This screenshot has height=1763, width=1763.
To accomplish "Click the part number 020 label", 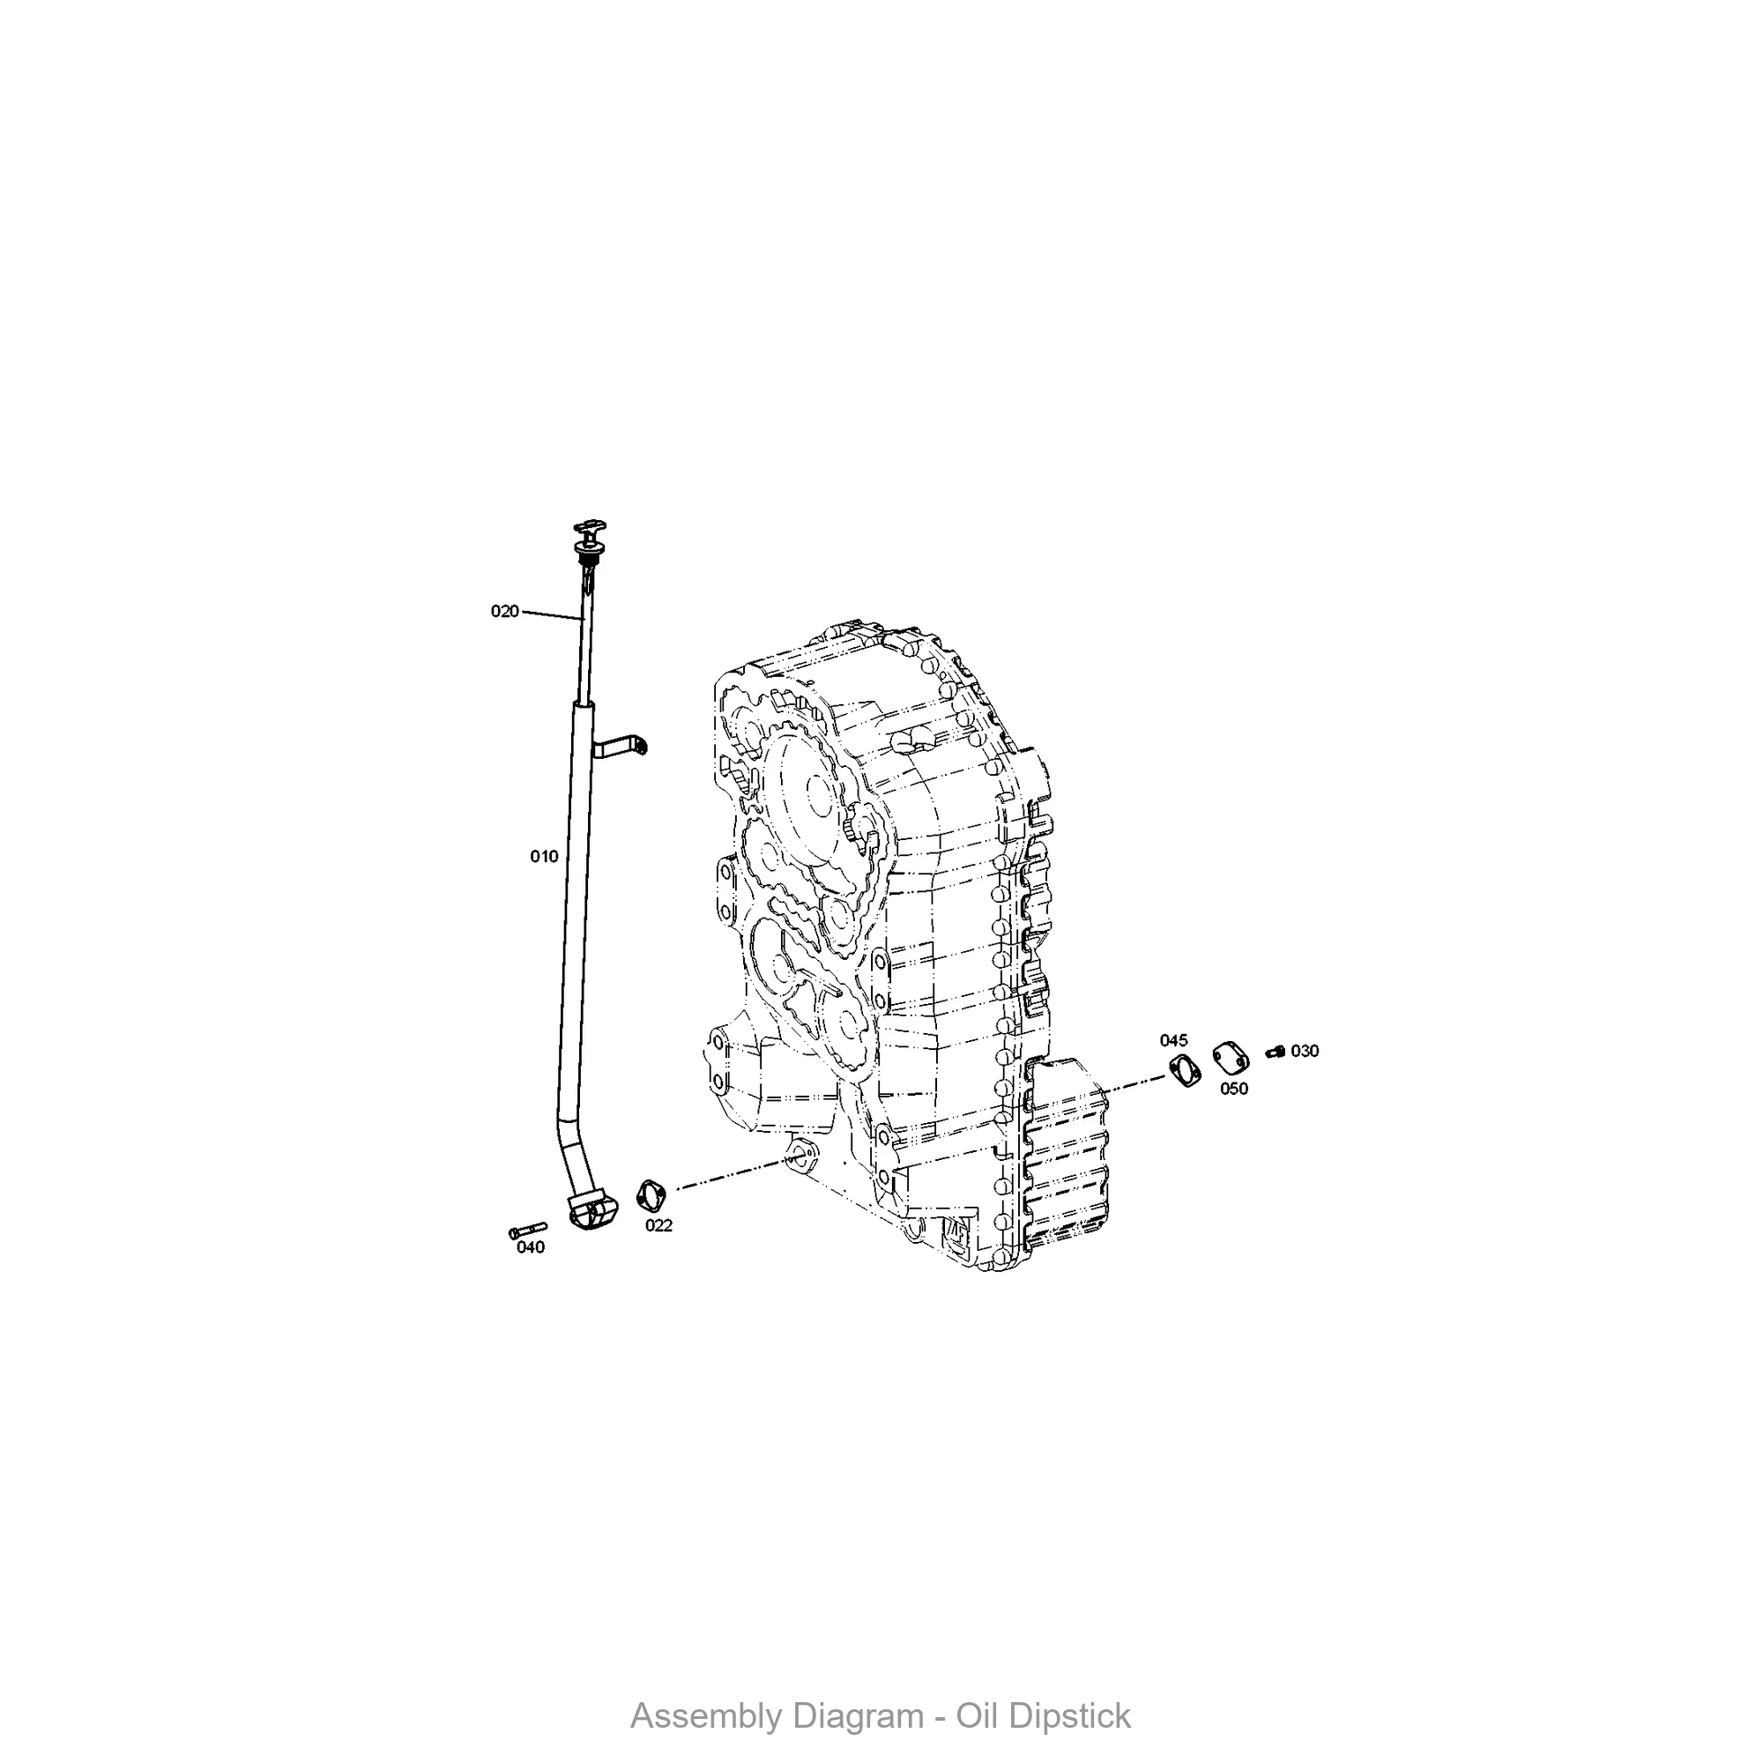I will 504,612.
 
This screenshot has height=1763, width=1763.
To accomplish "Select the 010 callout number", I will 544,856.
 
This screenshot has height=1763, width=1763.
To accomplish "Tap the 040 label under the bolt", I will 530,1247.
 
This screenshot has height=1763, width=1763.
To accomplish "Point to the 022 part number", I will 658,1225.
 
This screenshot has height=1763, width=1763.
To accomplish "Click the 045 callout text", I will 1173,1040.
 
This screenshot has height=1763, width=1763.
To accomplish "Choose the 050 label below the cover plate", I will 1234,1089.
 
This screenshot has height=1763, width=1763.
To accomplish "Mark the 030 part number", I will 1305,1052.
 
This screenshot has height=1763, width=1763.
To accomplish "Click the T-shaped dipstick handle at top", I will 589,529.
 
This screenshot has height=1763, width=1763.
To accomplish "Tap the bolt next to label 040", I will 526,1231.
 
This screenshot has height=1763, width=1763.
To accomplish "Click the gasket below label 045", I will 1185,1070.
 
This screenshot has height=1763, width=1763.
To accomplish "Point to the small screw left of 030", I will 1276,1053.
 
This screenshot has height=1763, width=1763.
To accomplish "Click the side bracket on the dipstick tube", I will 621,748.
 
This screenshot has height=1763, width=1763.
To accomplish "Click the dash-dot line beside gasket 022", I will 730,1175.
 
